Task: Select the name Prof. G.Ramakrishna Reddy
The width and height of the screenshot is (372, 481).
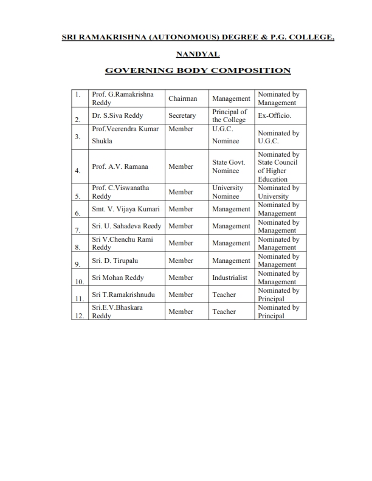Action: tap(122, 99)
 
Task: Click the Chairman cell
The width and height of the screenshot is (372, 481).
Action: tap(183, 98)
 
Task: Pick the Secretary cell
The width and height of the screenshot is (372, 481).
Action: tap(182, 115)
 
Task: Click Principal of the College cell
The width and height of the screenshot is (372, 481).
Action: tap(230, 115)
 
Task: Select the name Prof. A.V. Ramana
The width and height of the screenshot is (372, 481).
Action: tap(120, 166)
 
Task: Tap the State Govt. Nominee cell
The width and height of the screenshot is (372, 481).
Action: tap(229, 166)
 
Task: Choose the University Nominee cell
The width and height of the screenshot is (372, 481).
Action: tap(228, 192)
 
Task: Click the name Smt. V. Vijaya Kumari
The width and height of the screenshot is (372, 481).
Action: tap(125, 210)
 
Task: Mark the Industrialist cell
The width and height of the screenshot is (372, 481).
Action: tap(230, 278)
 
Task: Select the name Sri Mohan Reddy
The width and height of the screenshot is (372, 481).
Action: tap(117, 278)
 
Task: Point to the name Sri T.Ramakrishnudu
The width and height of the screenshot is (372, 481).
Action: tap(123, 295)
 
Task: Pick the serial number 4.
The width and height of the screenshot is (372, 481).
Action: tap(78, 172)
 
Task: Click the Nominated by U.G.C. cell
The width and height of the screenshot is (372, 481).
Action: tap(278, 137)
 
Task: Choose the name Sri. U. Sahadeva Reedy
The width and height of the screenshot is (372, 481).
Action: tap(126, 227)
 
